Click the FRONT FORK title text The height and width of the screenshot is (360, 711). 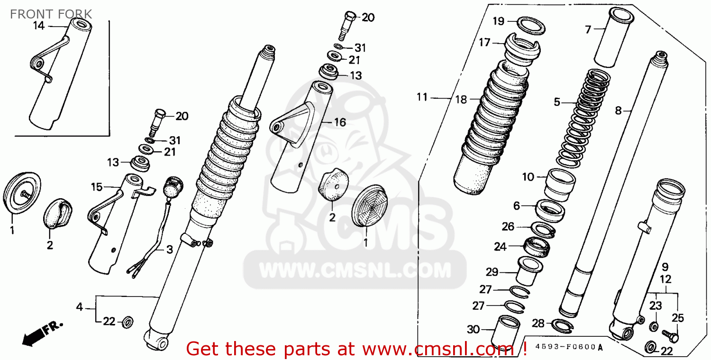click(51, 14)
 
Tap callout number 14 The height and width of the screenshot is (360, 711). click(38, 26)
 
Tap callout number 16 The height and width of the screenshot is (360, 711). click(339, 122)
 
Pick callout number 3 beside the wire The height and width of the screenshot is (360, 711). click(169, 249)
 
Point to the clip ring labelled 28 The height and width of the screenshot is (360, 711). click(563, 324)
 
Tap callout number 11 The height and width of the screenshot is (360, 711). click(422, 97)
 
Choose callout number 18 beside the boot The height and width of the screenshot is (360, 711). click(461, 100)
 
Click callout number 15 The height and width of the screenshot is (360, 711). click(97, 187)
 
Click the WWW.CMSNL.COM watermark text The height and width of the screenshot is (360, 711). click(355, 271)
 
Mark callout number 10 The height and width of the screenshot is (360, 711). click(528, 177)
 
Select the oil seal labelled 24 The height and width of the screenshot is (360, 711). click(537, 247)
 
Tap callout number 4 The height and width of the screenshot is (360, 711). click(80, 307)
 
